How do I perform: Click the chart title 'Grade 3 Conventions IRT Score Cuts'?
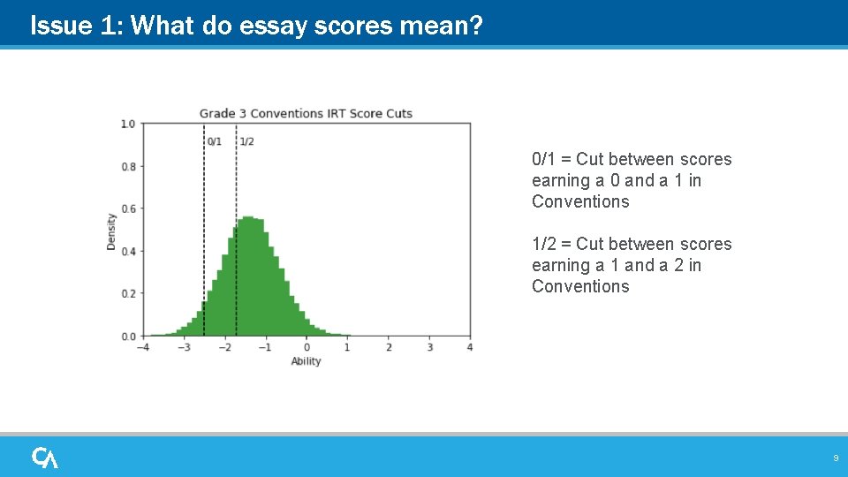click(x=306, y=113)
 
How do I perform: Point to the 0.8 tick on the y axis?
click(x=128, y=166)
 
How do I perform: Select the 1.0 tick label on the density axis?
click(x=128, y=124)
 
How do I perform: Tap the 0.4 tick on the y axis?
click(x=128, y=251)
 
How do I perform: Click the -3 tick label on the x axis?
click(x=182, y=347)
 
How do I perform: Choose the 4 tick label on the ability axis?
click(x=470, y=347)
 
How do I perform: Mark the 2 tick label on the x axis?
click(x=389, y=347)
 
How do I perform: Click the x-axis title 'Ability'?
click(x=306, y=360)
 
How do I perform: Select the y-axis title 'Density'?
click(x=112, y=231)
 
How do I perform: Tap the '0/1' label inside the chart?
click(x=214, y=141)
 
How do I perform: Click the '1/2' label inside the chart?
click(x=246, y=141)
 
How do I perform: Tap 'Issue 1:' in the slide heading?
click(x=61, y=26)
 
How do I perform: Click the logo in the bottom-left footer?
click(x=45, y=458)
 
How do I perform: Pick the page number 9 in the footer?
click(x=835, y=458)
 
